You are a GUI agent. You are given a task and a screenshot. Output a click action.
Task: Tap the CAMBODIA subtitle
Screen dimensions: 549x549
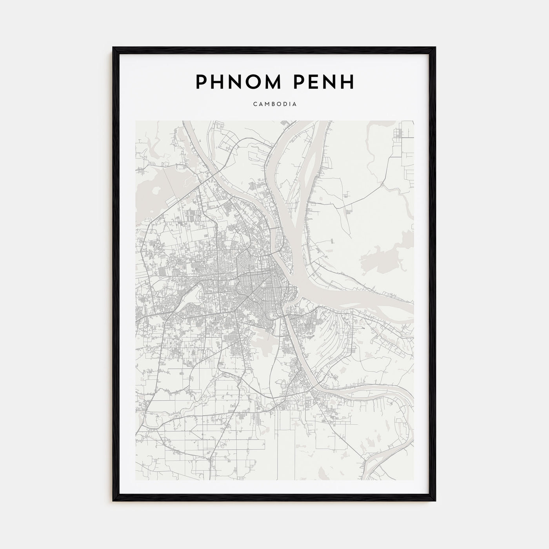(x=274, y=104)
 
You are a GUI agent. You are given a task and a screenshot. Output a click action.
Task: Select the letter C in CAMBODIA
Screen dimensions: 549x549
(x=255, y=104)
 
